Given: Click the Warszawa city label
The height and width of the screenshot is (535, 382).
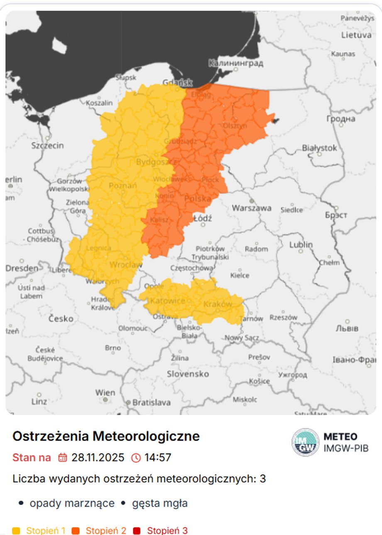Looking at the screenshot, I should (x=251, y=208).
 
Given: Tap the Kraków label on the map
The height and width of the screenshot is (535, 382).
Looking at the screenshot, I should (x=218, y=304).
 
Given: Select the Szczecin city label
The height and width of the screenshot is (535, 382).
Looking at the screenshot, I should (x=48, y=145).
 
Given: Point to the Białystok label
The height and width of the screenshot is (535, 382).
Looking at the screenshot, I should (x=319, y=148).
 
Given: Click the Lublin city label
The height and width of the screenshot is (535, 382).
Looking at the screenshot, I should (x=301, y=245).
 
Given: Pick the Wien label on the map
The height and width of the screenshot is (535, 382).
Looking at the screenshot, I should (x=105, y=392).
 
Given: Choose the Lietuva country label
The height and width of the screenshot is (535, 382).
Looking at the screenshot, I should (x=356, y=35).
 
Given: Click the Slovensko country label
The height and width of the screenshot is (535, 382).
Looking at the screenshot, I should (x=188, y=374).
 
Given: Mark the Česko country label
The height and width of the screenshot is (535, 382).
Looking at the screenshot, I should (x=61, y=319).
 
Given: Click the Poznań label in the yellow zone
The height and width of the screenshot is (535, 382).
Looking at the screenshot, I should (x=122, y=186).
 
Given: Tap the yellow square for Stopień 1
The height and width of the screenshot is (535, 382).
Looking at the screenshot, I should (x=17, y=530).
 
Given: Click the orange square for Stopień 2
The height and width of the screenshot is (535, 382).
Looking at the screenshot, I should (x=76, y=530).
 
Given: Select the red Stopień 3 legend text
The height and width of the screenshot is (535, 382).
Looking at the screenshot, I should (x=167, y=530).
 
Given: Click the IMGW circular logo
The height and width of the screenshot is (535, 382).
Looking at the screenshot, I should (x=305, y=442).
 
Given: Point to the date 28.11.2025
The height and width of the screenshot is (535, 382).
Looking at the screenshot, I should (x=98, y=457).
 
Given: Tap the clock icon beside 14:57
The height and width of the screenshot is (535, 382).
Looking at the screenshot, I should (x=136, y=457).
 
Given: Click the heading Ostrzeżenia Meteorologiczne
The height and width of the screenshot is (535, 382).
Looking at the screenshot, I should (x=106, y=436).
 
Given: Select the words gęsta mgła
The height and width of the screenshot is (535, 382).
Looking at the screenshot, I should (x=160, y=503).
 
